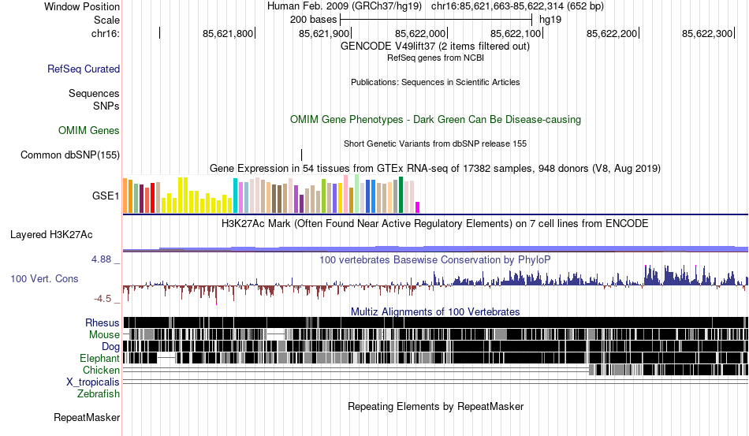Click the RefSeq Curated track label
(84, 69)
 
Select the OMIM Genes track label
(89, 130)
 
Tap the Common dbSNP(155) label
(70, 155)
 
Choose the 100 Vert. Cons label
(44, 278)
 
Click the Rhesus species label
(102, 322)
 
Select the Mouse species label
(105, 334)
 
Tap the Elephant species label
(99, 358)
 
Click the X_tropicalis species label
(93, 382)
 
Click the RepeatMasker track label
(87, 417)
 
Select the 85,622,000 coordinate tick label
(420, 34)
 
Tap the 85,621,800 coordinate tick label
(228, 34)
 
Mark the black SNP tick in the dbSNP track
(301, 155)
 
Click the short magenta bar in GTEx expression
(418, 207)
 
